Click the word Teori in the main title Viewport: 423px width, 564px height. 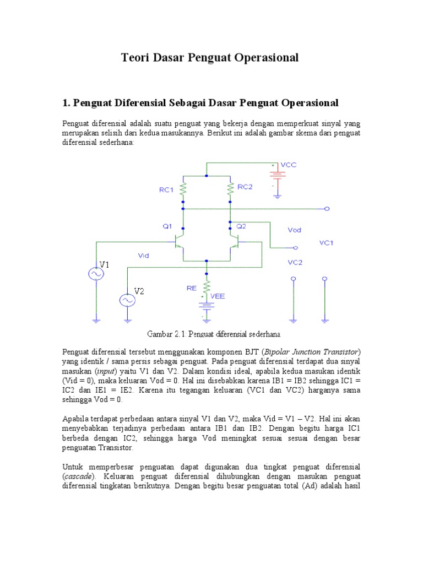click(x=135, y=58)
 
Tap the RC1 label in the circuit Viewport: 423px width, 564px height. click(x=167, y=190)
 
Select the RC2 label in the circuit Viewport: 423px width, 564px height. click(x=245, y=187)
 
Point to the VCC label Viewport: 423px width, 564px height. click(x=289, y=165)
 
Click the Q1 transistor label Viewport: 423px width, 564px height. click(x=167, y=226)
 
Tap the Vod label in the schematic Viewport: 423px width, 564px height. click(x=294, y=230)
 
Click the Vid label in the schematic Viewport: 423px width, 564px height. click(x=144, y=254)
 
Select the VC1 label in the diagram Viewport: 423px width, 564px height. click(x=327, y=243)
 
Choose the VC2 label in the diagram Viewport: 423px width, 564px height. click(x=295, y=263)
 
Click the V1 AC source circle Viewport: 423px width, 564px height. click(x=96, y=274)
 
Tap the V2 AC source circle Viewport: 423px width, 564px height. click(x=128, y=300)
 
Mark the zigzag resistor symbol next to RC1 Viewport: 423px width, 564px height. click(x=184, y=189)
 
